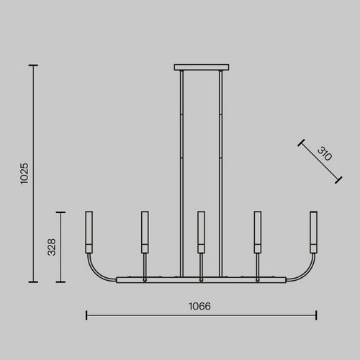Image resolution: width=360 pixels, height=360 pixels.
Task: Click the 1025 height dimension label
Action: (24, 174)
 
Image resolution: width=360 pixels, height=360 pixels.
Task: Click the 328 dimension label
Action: (52, 247)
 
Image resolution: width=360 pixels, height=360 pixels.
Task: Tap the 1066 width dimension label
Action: (199, 306)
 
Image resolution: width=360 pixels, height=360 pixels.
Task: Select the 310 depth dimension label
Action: (325, 153)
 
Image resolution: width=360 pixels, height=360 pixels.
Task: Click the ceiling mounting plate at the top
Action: (202, 67)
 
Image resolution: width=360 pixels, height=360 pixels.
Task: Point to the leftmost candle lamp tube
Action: (89, 232)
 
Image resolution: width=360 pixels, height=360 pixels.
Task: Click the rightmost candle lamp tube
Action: (314, 232)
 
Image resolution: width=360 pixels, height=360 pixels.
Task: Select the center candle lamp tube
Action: (201, 232)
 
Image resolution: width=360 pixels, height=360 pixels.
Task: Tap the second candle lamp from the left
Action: (145, 232)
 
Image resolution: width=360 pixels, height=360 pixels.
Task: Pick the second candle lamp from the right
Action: (258, 232)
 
